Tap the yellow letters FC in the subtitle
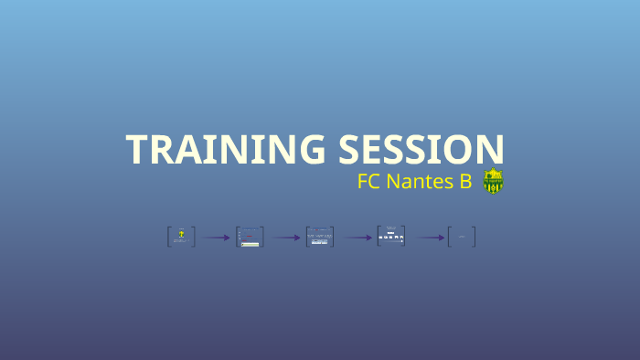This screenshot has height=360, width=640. [369, 182]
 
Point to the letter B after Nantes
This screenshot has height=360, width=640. [464, 182]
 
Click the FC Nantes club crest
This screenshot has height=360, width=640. [494, 181]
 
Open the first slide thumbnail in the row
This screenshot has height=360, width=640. [181, 237]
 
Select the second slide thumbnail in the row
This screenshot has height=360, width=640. [250, 237]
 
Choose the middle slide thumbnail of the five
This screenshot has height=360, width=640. [320, 237]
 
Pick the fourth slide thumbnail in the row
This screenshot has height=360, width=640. [390, 237]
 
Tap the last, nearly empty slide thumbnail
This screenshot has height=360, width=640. [462, 237]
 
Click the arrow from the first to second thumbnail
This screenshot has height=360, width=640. [216, 238]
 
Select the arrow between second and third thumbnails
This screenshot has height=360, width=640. [285, 238]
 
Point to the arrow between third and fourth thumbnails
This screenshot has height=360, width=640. [357, 238]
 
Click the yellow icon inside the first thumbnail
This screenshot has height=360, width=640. [182, 234]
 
